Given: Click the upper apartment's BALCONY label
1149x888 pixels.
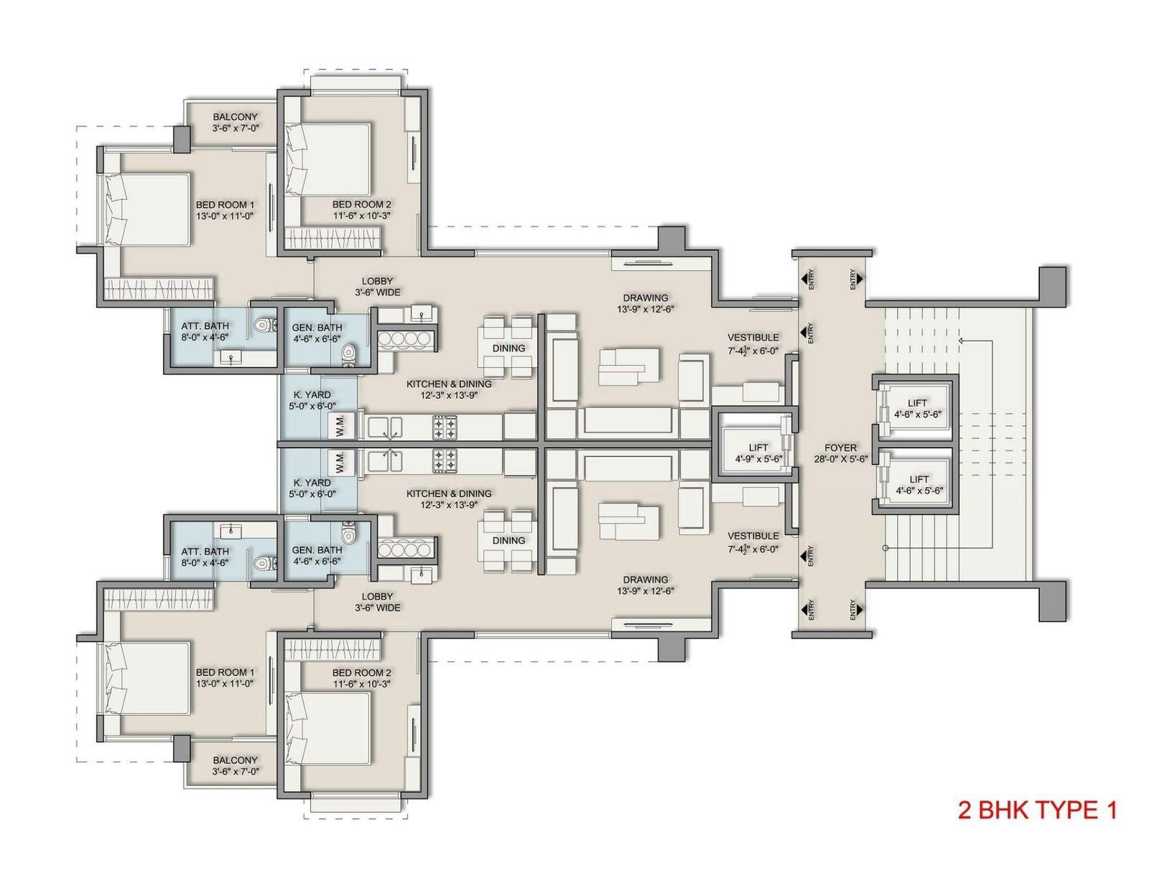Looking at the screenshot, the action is point(236,117).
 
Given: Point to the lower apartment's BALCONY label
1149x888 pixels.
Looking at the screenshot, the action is point(236,760).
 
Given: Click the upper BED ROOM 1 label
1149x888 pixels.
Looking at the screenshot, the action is point(225,205).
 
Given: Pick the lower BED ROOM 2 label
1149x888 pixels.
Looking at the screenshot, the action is point(362,672).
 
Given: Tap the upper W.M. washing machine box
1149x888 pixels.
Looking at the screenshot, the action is point(340,426).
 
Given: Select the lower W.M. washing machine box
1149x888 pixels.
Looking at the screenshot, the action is point(340,462).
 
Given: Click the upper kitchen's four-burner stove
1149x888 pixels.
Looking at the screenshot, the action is point(445,428).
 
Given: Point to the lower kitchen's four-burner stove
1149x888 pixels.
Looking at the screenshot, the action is point(445,461).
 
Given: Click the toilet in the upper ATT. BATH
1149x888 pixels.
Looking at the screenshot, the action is point(262,325).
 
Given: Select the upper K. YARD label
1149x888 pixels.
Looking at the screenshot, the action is point(312,395).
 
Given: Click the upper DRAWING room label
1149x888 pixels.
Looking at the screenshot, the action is point(645,297).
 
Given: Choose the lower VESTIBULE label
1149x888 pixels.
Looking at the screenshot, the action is point(753,536).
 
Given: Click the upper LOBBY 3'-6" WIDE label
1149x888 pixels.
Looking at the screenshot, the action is point(378,287).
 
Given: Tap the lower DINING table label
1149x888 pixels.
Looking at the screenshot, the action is point(508,540).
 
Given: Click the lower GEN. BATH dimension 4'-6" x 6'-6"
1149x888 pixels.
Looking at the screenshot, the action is point(317,561).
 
